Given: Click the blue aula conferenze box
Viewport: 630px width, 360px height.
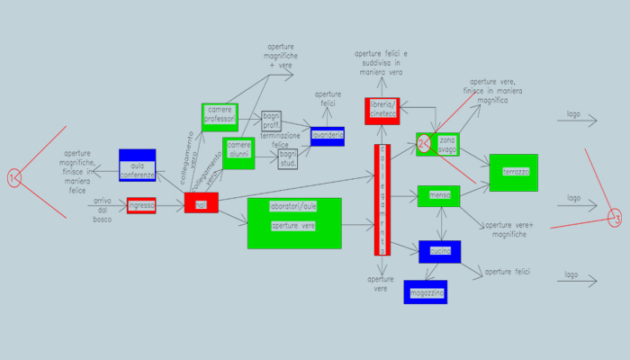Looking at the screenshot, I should coord(138,165).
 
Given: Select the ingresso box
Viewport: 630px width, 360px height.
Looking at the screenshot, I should coord(141,206).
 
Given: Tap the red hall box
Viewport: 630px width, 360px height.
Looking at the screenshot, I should coord(201,203).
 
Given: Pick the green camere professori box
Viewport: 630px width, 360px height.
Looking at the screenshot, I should coord(220,117).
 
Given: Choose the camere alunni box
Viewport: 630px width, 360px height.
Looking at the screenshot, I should coord(238,151).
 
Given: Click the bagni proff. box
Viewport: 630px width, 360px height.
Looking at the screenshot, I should coord(272,120).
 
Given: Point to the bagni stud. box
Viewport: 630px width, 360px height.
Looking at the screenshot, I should coord(288,158).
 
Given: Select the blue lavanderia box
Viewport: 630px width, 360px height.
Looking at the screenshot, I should coord(328,136).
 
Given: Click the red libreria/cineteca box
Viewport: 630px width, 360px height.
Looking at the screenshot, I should coord(382,110).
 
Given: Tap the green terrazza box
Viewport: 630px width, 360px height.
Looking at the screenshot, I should coord(513,172).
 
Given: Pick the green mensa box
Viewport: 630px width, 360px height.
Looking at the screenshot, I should coord(439,195).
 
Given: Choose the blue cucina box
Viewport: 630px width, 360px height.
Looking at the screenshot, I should coord(439,251).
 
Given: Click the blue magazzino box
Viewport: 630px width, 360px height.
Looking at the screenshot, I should coord(424,292).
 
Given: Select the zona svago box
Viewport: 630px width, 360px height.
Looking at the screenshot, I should coord(447,144).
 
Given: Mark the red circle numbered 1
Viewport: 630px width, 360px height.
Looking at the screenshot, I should coord(13,179).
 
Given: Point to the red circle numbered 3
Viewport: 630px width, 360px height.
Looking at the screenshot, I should coord(615,219).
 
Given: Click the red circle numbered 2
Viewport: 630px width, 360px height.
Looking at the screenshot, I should coord(424,142).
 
